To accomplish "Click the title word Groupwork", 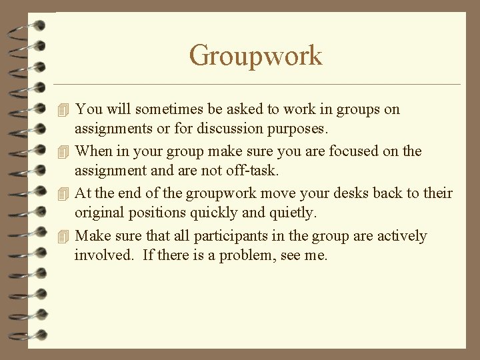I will pyautogui.click(x=255, y=55).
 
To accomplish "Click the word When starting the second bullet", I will pyautogui.click(x=94, y=151).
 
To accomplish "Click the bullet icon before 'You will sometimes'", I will pyautogui.click(x=63, y=109).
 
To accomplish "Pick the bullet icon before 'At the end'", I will pyautogui.click(x=63, y=194).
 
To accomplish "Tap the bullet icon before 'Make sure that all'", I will pyautogui.click(x=63, y=237).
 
